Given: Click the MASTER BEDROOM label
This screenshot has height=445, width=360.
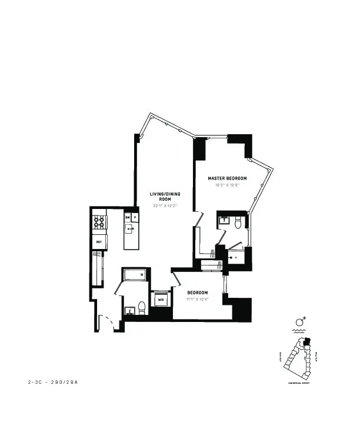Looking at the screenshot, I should [x=227, y=178].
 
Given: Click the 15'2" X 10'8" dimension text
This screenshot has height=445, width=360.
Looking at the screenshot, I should [x=227, y=185].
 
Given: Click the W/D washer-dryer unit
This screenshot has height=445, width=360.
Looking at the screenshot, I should [x=161, y=300].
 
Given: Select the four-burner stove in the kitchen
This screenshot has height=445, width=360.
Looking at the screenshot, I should [x=99, y=222].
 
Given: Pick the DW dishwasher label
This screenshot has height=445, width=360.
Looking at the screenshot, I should [x=127, y=217].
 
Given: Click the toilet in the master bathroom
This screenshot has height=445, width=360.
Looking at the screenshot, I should [x=238, y=222].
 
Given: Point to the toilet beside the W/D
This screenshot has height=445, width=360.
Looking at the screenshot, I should [x=142, y=307].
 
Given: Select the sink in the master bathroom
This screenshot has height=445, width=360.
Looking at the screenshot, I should [x=224, y=222].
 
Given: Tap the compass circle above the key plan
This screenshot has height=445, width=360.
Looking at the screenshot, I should [x=299, y=322].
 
